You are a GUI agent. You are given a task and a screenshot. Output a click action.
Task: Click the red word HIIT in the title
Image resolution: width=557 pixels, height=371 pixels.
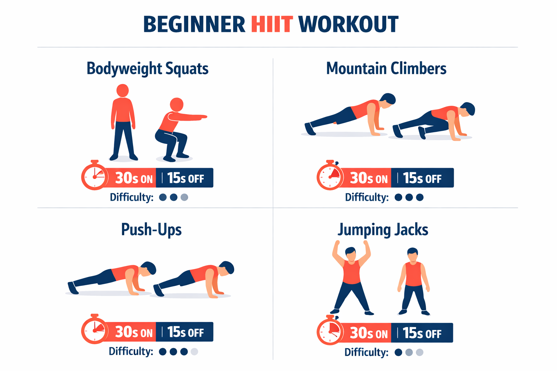click(272, 25)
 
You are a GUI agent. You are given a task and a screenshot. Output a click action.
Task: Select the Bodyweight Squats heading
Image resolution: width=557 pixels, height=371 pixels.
click(147, 68)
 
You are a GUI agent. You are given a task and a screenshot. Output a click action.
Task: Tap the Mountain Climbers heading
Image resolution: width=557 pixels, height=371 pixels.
click(386, 68)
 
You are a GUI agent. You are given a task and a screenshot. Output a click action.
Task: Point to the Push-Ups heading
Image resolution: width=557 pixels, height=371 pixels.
click(151, 230)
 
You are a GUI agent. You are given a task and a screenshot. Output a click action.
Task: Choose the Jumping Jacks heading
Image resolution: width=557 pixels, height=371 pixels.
click(383, 230)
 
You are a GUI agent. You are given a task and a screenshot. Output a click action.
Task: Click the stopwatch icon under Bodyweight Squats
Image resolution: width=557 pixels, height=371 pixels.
click(95, 176)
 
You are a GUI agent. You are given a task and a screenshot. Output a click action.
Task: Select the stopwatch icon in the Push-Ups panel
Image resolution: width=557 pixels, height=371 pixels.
click(95, 330)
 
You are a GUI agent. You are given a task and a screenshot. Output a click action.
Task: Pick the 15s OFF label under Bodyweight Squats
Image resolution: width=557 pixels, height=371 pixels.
click(185, 178)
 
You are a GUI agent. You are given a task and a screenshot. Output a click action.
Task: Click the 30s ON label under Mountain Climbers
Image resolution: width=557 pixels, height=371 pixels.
click(368, 178)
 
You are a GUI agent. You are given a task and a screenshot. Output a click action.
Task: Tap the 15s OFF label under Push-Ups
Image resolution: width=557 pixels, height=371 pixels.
click(185, 332)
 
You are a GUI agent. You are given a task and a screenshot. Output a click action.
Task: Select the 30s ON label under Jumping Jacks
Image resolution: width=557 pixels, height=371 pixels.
click(368, 333)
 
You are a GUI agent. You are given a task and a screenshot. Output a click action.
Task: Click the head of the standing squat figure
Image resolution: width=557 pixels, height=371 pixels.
click(123, 91)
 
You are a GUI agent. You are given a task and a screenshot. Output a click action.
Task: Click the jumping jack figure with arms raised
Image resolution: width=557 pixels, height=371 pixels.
click(351, 279)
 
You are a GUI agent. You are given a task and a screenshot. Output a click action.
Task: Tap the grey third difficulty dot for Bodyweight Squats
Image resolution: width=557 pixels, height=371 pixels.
click(184, 197)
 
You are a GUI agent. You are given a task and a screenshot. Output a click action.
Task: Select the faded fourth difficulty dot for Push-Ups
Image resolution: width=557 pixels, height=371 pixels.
click(194, 351)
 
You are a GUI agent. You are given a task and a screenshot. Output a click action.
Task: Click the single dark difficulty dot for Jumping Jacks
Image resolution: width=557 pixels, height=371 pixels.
click(398, 352)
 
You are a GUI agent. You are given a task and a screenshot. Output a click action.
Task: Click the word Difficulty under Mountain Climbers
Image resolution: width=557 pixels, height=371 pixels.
click(366, 197)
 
